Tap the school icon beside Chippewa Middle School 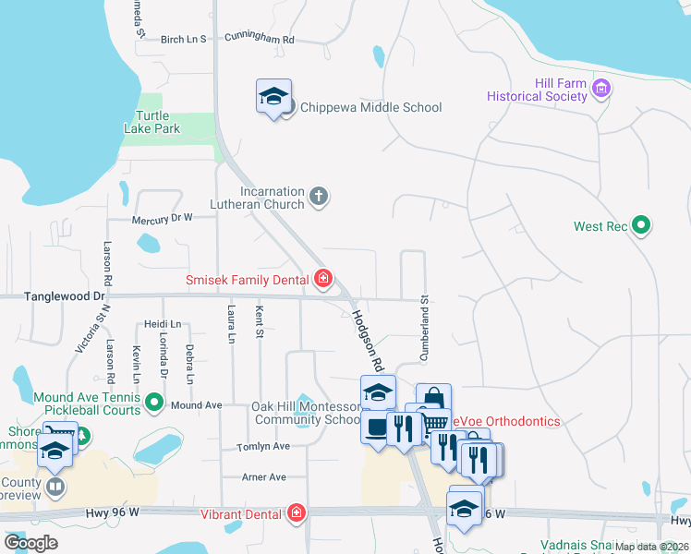[273, 96]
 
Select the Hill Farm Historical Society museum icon [602, 90]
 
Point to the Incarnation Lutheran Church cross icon [319, 196]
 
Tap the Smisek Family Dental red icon [322, 278]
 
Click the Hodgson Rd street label [367, 335]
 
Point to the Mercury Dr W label [161, 218]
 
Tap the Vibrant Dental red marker [297, 512]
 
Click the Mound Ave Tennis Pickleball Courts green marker [154, 403]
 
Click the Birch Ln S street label [183, 40]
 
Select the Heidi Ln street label [163, 325]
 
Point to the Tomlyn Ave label [265, 446]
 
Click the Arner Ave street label [263, 477]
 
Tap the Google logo [31, 542]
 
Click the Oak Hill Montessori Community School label [307, 413]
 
